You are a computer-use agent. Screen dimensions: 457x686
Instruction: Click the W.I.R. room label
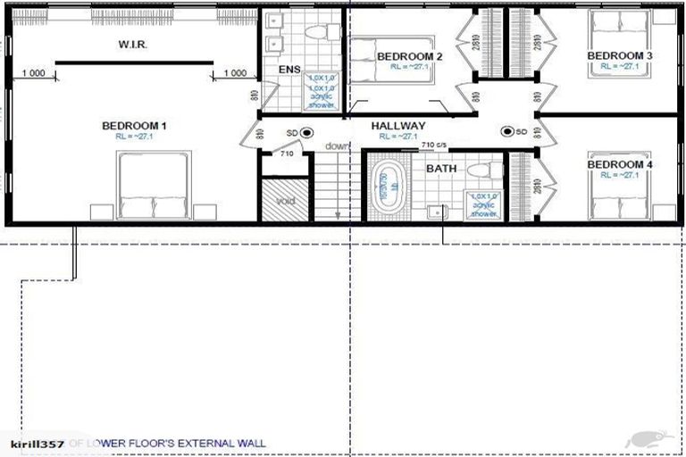pyautogui.click(x=134, y=44)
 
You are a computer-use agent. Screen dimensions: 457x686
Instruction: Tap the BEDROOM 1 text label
pyautogui.click(x=134, y=126)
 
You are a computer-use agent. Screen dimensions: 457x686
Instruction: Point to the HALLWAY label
pyautogui.click(x=398, y=126)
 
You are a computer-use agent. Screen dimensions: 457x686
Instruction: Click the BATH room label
pyautogui.click(x=441, y=168)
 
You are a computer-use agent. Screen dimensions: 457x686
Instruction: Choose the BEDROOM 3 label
pyautogui.click(x=619, y=56)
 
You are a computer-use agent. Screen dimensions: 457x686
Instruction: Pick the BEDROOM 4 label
pyautogui.click(x=619, y=165)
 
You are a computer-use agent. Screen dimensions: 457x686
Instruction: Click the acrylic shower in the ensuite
pyautogui.click(x=322, y=91)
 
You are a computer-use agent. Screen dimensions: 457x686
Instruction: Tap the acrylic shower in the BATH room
pyautogui.click(x=483, y=205)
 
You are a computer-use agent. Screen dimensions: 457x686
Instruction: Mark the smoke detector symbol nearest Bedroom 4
pyautogui.click(x=507, y=132)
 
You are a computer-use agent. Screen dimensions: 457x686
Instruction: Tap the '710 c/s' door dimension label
pyautogui.click(x=434, y=145)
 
